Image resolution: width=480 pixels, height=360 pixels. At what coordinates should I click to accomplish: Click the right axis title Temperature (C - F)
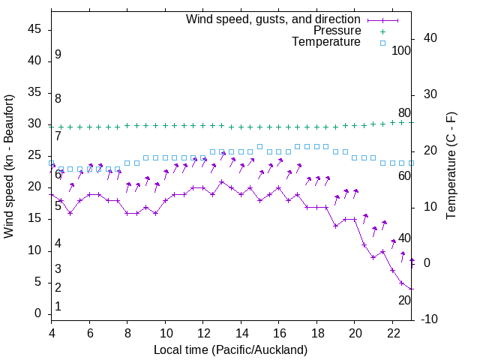coord(451,166)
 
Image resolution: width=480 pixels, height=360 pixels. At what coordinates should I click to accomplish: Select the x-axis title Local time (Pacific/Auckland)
coord(230,349)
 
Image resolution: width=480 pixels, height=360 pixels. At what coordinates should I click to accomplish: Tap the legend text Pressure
coord(337,31)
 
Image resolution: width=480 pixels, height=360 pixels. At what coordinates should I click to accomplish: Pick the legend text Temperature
coord(326,43)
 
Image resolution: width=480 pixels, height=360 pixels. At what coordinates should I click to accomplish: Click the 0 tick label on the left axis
coord(38,313)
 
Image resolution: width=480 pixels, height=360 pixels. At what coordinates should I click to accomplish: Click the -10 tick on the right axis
coord(431,319)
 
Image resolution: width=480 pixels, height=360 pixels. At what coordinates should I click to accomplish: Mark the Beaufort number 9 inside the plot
coord(58,55)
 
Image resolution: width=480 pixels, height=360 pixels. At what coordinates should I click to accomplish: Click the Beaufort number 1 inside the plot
coord(58,306)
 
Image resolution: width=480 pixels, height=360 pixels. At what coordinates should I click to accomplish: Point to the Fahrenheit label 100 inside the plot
coord(401,50)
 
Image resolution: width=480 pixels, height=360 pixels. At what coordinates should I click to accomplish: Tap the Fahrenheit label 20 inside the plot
coord(404,300)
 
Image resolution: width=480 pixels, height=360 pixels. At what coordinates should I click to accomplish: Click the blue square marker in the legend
coord(382,43)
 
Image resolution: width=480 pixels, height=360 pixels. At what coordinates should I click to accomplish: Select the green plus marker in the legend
coord(382,31)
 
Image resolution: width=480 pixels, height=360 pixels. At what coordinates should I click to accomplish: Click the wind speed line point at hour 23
coord(412,289)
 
